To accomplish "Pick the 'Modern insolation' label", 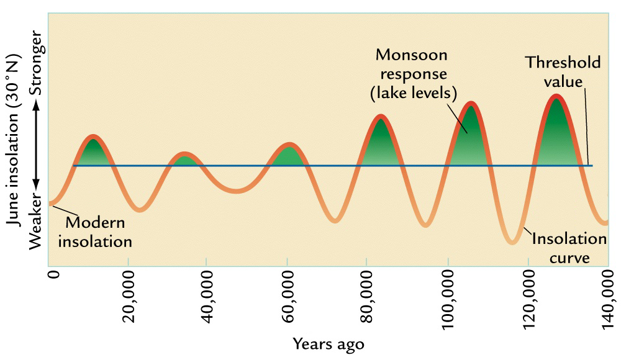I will tap(96, 232).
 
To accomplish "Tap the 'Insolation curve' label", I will tap(568, 248).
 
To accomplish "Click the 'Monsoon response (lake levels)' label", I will tap(411, 74).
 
